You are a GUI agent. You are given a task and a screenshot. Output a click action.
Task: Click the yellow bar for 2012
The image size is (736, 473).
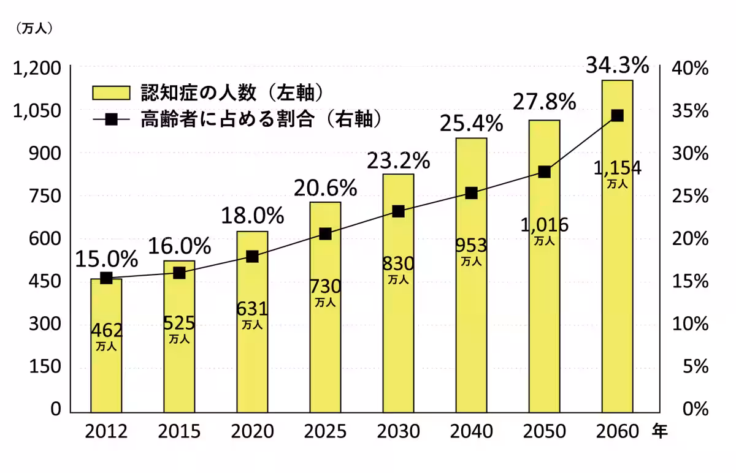pos(106,368)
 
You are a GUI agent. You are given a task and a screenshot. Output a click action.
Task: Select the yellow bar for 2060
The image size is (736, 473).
pos(617,276)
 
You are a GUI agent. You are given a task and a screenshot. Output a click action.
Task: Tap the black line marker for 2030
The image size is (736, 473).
pos(398,211)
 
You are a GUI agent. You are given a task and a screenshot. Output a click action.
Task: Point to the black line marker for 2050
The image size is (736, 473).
pos(544,172)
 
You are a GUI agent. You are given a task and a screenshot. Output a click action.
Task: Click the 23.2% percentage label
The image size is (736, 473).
pos(398,161)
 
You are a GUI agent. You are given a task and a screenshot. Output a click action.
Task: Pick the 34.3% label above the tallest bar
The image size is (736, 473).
pos(617,65)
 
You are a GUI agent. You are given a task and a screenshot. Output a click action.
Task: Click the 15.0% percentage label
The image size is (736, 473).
pos(106,260)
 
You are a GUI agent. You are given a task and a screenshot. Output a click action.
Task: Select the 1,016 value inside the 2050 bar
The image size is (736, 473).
pos(544,225)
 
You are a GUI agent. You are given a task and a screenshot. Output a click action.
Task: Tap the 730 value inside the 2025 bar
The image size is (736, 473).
pos(325,286)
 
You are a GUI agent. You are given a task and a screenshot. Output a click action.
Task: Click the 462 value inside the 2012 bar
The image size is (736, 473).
pos(106,330)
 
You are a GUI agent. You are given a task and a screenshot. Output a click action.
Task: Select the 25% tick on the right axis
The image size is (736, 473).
pos(691,196)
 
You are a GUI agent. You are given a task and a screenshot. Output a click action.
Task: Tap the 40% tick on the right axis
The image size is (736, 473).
pos(691,68)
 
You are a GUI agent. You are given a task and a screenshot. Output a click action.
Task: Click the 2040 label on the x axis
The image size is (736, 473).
pos(471,431)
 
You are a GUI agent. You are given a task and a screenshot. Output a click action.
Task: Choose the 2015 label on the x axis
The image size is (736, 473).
pos(179,431)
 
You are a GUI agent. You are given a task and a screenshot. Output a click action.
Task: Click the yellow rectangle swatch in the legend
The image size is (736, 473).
pos(111,93)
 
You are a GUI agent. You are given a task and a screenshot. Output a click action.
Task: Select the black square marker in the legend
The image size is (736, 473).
pos(111,119)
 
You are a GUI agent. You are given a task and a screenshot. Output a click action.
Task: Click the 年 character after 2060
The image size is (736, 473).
pos(659,431)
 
